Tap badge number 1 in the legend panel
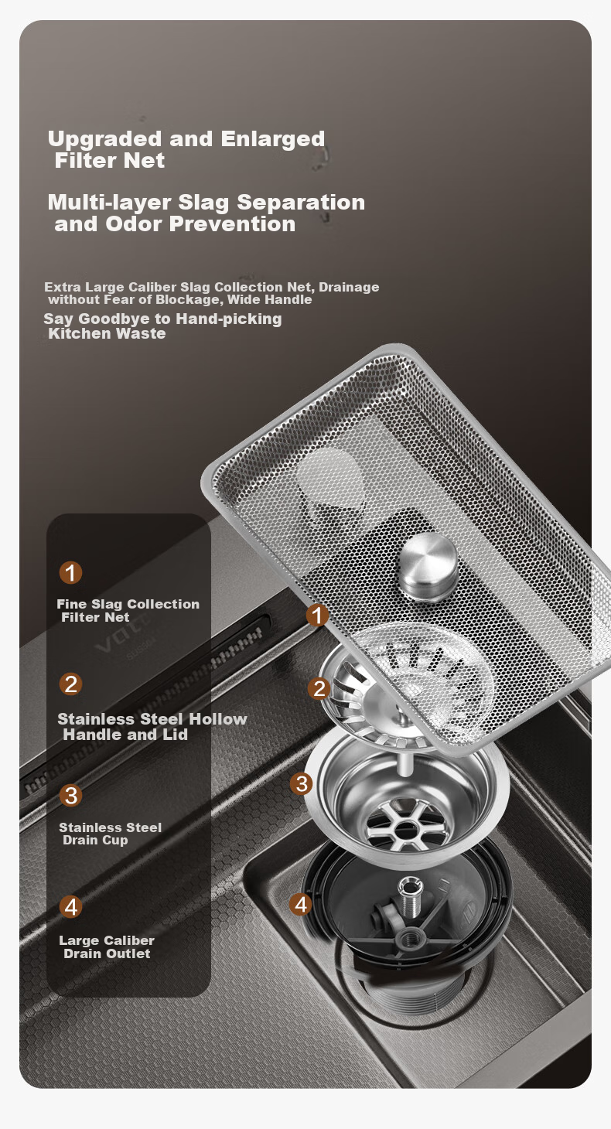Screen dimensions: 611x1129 pos(70,572)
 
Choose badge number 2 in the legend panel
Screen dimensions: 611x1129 pos(70,684)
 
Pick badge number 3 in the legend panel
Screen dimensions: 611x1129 pos(70,796)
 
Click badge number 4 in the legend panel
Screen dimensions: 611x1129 pos(70,907)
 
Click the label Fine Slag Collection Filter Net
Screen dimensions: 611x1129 pos(128,610)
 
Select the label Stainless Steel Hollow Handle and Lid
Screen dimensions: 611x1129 pos(152,727)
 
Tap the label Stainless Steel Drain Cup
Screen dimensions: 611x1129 pos(110,834)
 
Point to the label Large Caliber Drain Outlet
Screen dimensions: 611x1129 pos(107,947)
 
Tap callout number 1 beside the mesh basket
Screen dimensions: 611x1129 pos(318,615)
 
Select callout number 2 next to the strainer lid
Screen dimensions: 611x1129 pos(319,688)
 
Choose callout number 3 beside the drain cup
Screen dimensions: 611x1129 pos(302,784)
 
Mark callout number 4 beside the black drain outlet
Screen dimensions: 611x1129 pos(301,905)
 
